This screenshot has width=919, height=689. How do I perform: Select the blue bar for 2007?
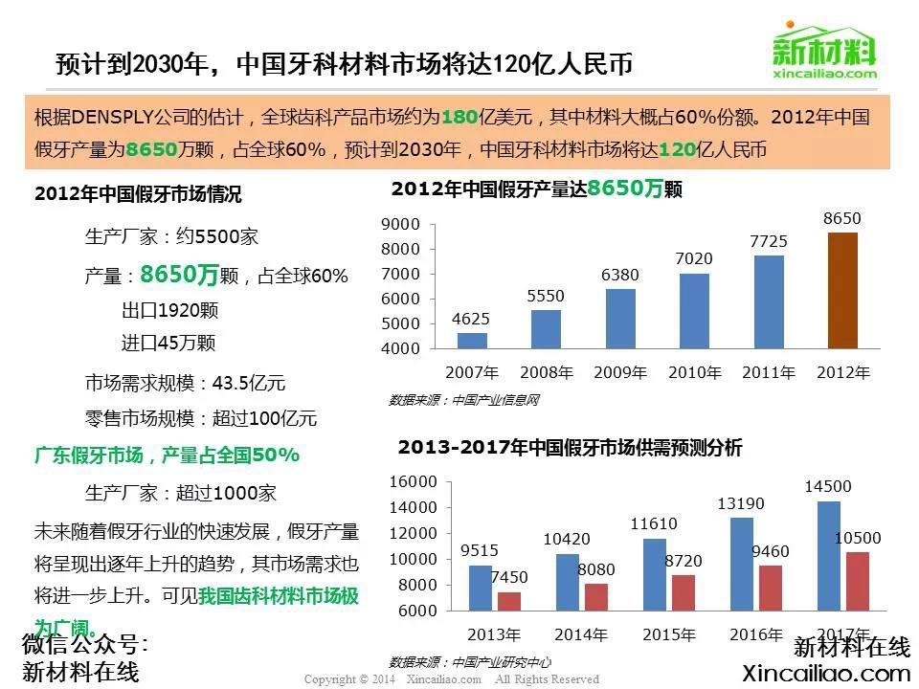pos(472,341)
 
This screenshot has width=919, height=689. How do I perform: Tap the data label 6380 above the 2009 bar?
pos(620,276)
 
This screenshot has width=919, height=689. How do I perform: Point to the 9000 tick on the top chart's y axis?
pos(401,225)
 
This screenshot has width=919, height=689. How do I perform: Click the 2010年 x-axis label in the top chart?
pos(695,373)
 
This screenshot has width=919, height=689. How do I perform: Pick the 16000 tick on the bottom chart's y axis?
pos(415,481)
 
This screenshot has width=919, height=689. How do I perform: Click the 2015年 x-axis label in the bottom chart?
pos(668,634)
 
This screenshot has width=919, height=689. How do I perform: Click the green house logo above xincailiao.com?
pos(823,43)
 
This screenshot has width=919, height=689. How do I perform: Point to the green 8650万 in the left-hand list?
pos(179,276)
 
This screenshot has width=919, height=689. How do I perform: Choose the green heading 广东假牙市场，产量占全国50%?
pos(168,455)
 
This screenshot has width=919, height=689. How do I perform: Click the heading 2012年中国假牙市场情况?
pos(138,194)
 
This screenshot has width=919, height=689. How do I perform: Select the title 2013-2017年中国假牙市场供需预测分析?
pos(570,448)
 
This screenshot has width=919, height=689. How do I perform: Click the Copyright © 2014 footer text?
pos(349,679)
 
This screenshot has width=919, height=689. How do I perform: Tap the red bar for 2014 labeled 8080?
pos(595,596)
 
